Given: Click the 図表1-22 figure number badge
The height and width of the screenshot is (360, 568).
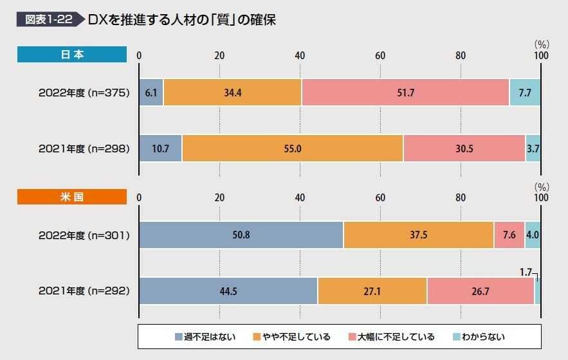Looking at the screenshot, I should (x=48, y=19).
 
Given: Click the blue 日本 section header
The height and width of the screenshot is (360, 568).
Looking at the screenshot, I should (x=72, y=55).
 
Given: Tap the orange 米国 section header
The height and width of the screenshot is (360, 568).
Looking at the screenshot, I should (x=72, y=197).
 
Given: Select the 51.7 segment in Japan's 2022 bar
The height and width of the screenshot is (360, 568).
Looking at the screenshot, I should (x=405, y=93).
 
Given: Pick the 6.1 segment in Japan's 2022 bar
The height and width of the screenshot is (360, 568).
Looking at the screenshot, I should (x=151, y=93).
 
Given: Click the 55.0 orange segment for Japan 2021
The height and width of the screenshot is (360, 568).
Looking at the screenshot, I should (x=293, y=148).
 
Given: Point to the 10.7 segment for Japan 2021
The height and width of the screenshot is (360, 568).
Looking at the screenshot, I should (x=160, y=148).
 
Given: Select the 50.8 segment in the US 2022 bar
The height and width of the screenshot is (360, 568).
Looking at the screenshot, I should (x=241, y=235).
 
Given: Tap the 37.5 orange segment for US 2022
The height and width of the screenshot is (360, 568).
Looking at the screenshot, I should (x=418, y=235).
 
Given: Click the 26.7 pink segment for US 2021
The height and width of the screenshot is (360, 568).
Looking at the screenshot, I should (x=481, y=291).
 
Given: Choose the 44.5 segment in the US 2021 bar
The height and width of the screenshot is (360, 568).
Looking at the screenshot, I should (x=228, y=291).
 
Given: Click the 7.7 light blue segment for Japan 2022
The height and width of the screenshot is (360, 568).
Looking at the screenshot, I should (x=525, y=93).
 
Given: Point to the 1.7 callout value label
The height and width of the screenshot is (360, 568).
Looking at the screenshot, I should (x=526, y=272).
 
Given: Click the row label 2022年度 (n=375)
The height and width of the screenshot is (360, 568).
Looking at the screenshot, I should (x=84, y=93).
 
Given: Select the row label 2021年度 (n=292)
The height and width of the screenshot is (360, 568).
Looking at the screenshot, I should (x=84, y=291).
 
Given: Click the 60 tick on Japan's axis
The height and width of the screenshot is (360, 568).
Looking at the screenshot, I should (x=380, y=55).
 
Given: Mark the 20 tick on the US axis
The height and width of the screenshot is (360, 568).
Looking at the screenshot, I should (x=219, y=197).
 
